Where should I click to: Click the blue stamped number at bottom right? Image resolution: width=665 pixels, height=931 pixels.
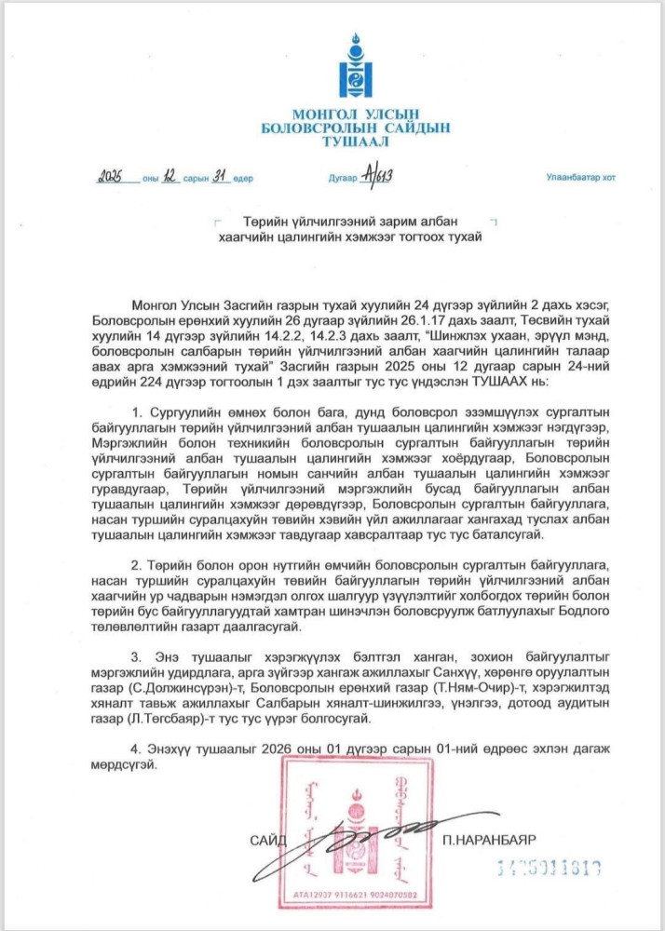[x=548, y=867]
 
